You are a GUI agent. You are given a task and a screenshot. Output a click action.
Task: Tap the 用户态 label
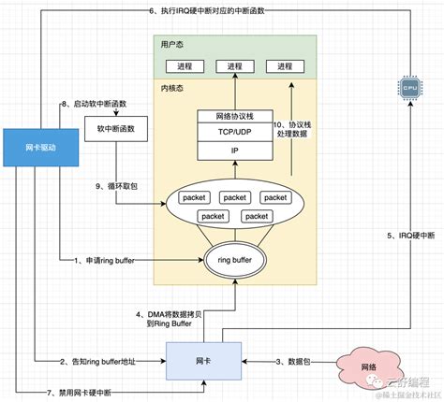173,44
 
